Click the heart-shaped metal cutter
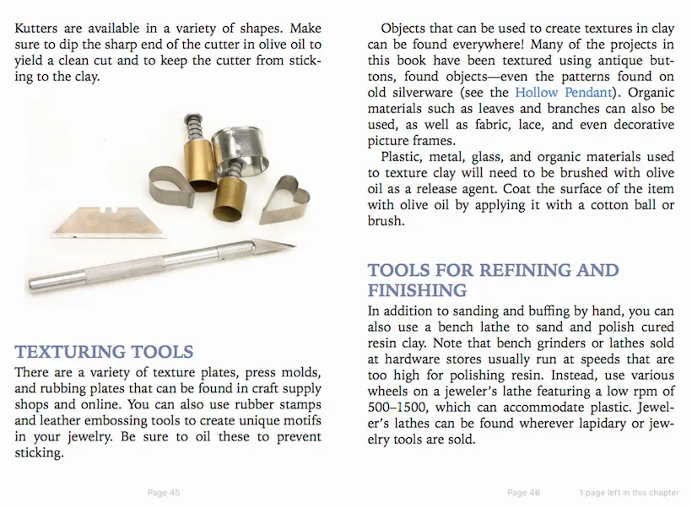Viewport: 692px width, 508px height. pyautogui.click(x=283, y=203)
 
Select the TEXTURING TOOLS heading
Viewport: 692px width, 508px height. pyautogui.click(x=105, y=352)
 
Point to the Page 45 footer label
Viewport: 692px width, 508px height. pyautogui.click(x=164, y=493)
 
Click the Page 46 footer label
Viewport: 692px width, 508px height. pyautogui.click(x=523, y=493)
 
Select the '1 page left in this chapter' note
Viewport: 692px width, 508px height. pyautogui.click(x=629, y=493)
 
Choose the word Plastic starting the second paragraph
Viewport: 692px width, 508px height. pyautogui.click(x=403, y=157)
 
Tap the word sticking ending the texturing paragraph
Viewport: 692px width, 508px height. pyautogui.click(x=37, y=452)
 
